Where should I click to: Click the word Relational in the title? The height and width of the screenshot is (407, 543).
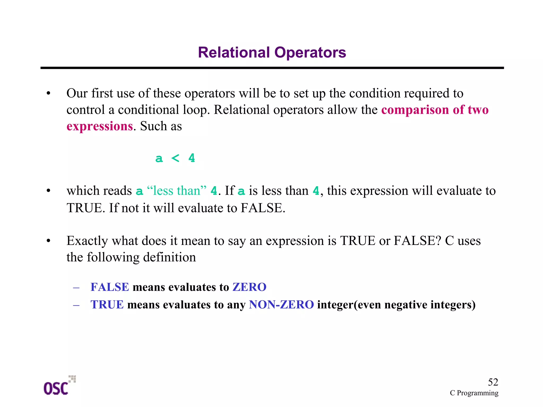234,53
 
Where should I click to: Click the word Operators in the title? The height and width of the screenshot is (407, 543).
310,53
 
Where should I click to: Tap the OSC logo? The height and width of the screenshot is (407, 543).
59,386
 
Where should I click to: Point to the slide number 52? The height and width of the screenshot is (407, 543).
493,382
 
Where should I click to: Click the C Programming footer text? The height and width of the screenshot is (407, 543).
474,393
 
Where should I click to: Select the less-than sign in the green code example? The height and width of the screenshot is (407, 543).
175,158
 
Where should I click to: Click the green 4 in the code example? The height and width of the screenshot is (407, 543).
191,158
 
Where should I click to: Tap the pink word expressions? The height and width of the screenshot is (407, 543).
99,126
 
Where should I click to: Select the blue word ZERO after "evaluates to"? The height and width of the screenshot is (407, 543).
249,287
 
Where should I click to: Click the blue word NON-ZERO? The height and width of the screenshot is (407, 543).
281,305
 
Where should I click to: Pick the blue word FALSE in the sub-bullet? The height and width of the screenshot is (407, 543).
110,287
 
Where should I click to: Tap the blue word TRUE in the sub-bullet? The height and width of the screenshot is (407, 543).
107,305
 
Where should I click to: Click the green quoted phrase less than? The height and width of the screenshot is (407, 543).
176,191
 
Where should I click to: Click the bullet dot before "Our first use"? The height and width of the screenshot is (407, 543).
48,94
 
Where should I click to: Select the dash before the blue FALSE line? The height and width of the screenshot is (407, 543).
76,288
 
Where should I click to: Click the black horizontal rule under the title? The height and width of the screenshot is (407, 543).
272,68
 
